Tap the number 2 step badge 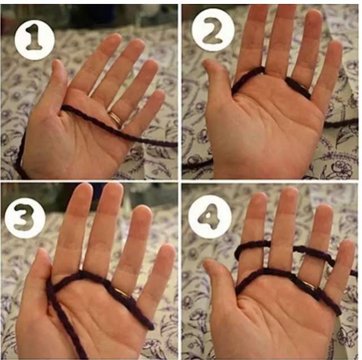[213, 30]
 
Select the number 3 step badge [25, 217]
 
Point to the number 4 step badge [210, 216]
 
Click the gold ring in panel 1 [116, 118]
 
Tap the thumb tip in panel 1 [56, 63]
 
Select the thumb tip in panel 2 [206, 62]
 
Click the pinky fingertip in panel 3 [167, 248]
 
